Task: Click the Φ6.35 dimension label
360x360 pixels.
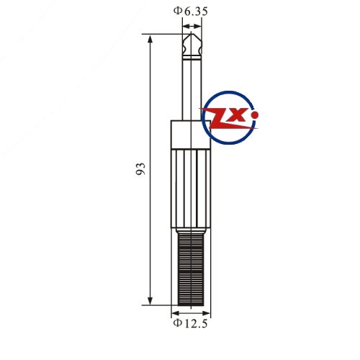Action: (191, 12)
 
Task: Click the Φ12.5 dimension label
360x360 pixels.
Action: (190, 323)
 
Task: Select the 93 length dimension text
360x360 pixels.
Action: (140, 169)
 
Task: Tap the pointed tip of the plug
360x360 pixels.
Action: (191, 34)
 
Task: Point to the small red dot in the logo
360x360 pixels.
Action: (255, 115)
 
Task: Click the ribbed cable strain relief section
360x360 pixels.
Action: (191, 269)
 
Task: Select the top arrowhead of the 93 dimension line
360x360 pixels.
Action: (150, 39)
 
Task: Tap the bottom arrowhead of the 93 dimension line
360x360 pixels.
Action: (150, 301)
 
